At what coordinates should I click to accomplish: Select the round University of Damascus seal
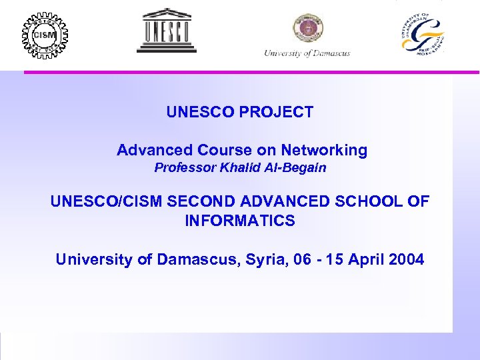(307, 29)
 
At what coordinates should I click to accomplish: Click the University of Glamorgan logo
(423, 34)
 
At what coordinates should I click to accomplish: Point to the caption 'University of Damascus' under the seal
(307, 53)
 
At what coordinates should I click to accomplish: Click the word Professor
(181, 168)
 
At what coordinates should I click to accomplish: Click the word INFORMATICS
(240, 221)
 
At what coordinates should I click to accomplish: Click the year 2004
(405, 259)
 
